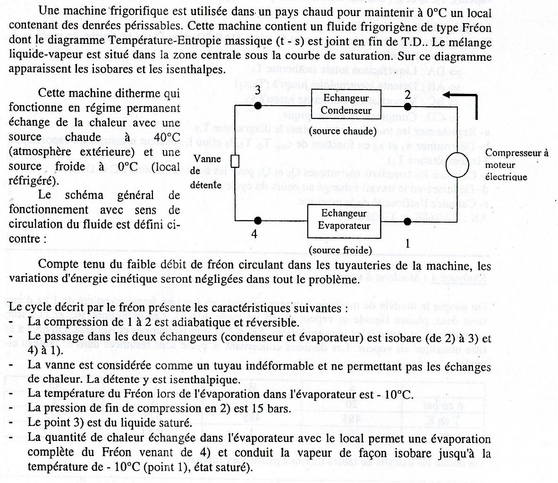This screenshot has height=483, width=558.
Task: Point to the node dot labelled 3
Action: [x=257, y=105]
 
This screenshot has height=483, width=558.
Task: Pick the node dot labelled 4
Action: [x=257, y=220]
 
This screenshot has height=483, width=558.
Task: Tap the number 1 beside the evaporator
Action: [x=407, y=243]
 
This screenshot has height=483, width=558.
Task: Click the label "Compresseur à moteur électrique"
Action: [x=516, y=165]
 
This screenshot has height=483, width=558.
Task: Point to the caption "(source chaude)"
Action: [x=344, y=131]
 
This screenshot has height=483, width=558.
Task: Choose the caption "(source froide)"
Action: [x=340, y=250]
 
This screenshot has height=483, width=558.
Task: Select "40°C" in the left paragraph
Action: [x=167, y=137]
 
